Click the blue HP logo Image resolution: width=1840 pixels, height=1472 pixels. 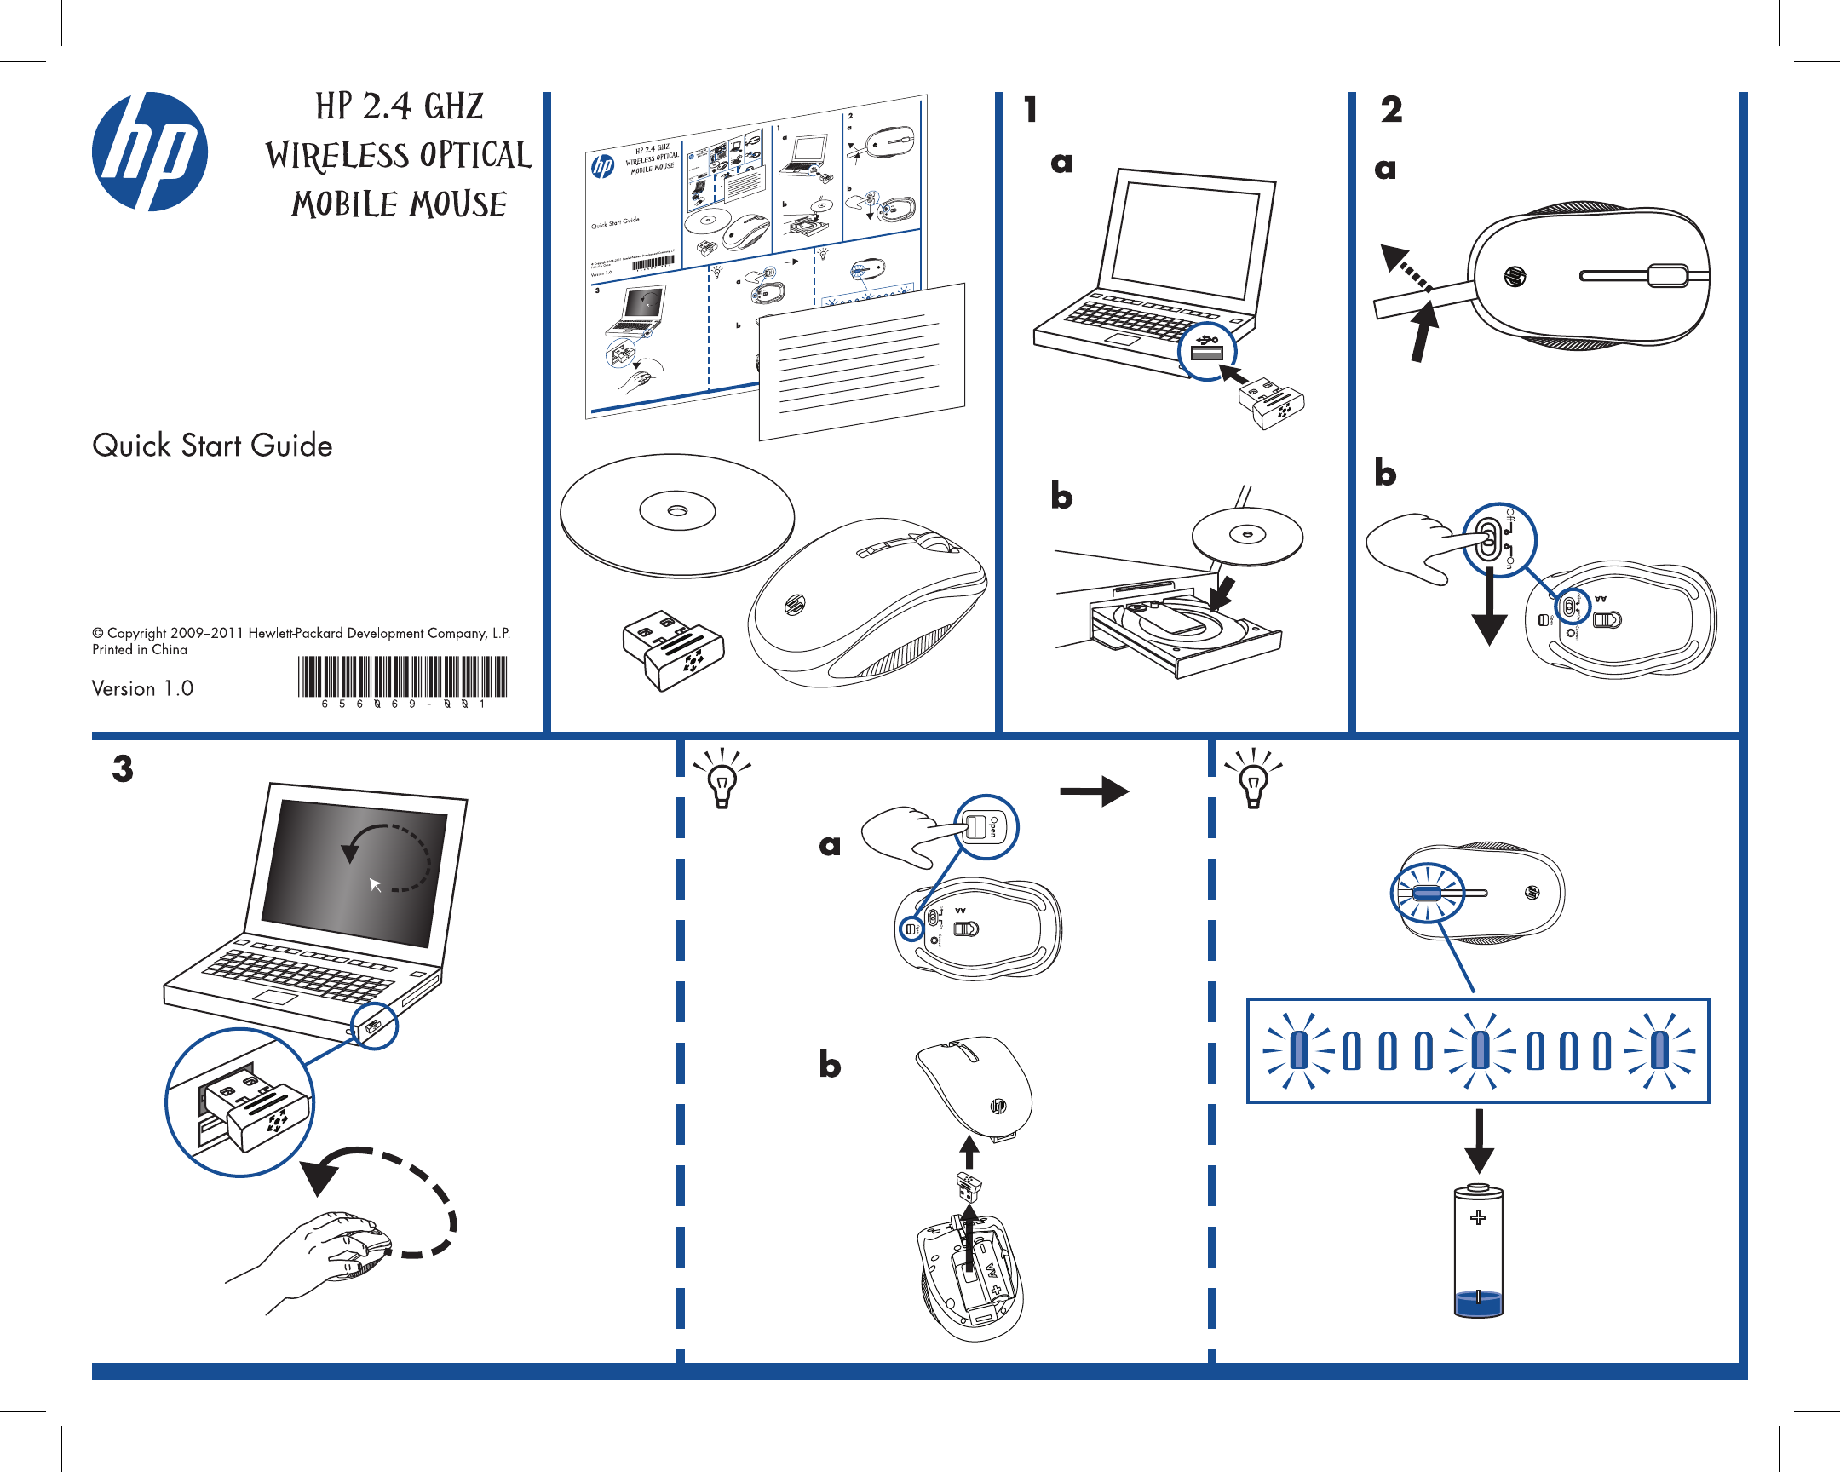[149, 152]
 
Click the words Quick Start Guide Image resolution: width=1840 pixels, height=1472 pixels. [212, 446]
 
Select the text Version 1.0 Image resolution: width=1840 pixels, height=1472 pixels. [142, 688]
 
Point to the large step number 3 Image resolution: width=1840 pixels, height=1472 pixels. [123, 769]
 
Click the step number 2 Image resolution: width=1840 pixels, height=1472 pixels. [1391, 109]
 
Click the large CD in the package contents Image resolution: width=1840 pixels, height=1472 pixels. [676, 515]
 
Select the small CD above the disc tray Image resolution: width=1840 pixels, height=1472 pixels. [1247, 536]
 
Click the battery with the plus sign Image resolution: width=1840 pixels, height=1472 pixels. [1478, 1252]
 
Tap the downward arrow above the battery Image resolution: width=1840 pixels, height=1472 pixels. [1479, 1141]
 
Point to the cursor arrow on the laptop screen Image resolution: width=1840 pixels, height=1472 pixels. [374, 884]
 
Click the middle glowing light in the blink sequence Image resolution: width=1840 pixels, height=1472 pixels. [1480, 1050]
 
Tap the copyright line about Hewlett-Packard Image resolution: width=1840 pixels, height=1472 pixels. [301, 633]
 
